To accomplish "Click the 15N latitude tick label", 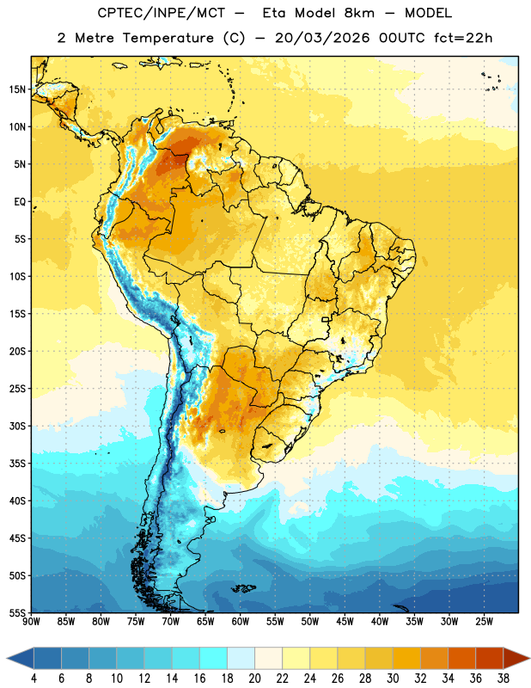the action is coord(17,89).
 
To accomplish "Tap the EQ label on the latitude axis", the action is coord(20,202).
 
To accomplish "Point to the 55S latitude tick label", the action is coord(17,612).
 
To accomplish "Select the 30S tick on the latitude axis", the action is coord(17,426).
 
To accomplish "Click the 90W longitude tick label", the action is coord(31,622).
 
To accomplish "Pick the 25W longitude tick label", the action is coord(484,622).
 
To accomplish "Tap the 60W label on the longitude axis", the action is coord(241,622).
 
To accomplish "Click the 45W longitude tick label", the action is coord(345,622).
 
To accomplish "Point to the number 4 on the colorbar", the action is coord(34,679).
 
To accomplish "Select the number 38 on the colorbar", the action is coord(504,679).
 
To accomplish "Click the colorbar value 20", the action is coord(254,679).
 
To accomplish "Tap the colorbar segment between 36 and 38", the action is coord(490,659).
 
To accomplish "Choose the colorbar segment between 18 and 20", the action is coord(241,659).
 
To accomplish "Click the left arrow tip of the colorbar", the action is coord(7,659).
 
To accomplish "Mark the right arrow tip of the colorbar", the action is coord(529,659).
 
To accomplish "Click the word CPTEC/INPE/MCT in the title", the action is coord(162,13).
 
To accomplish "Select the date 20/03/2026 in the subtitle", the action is coord(322,38).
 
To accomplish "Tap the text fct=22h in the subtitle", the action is coord(463,38).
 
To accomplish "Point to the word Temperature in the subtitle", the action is coord(168,38).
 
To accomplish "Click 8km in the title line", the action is coord(359,13).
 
